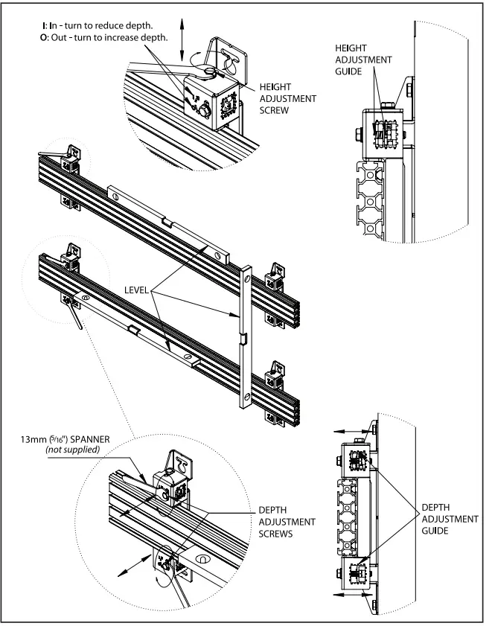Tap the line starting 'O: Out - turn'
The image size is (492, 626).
[105, 37]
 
